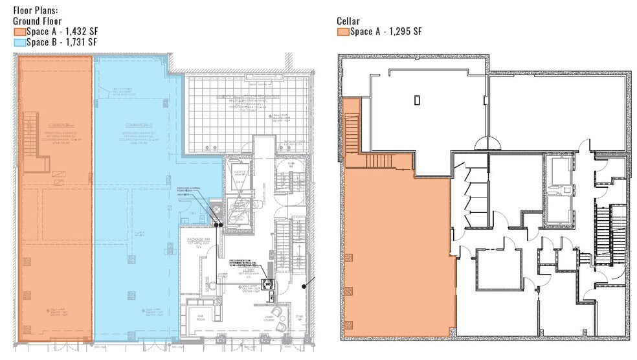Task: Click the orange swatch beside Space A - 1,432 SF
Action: point(19,31)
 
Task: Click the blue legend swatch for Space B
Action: point(19,42)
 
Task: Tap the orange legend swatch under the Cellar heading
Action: point(343,31)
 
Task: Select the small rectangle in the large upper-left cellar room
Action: point(418,100)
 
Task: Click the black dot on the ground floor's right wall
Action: point(316,281)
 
